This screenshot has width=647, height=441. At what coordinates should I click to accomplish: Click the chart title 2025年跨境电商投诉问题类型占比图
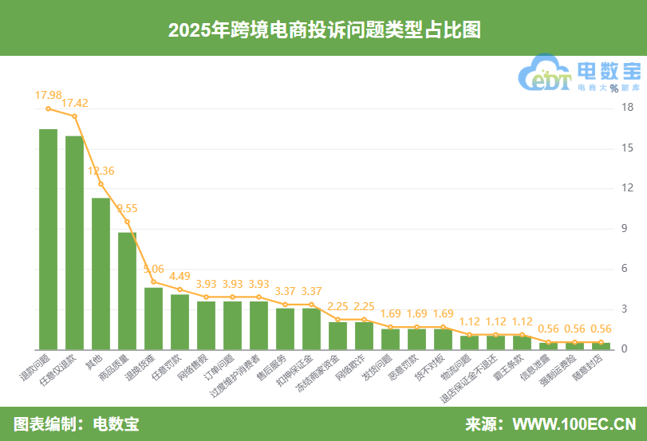[x=323, y=29]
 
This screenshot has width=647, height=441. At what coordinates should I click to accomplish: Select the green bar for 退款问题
[x=48, y=239]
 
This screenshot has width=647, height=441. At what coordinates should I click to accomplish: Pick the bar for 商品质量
[x=127, y=290]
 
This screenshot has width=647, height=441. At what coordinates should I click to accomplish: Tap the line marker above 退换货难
[x=153, y=282]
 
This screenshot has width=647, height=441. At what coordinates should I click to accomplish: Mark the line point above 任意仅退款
[x=74, y=116]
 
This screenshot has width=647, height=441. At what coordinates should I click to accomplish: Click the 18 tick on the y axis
[x=626, y=108]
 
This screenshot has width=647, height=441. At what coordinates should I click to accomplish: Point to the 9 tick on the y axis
[x=626, y=229]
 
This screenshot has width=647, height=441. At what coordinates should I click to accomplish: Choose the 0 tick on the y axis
[x=626, y=349]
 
